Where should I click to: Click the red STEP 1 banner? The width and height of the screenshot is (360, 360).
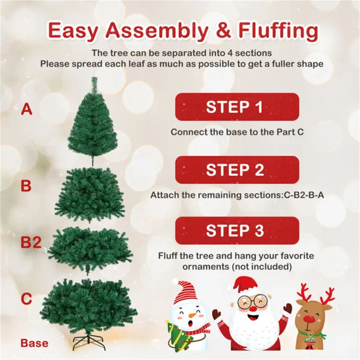(x=237, y=107)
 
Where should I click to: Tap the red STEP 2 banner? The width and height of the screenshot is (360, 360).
(x=237, y=170)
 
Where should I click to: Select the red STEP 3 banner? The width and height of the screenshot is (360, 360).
(x=237, y=230)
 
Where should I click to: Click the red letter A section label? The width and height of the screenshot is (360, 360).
(x=26, y=109)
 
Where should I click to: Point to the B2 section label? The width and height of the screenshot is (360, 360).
(x=31, y=242)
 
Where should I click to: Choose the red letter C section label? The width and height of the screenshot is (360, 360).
(x=26, y=299)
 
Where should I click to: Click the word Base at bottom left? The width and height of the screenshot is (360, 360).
(x=34, y=343)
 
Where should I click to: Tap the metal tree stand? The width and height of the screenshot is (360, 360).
(x=88, y=341)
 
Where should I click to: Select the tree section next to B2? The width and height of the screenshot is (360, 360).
(x=90, y=250)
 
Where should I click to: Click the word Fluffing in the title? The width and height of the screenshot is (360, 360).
(x=278, y=31)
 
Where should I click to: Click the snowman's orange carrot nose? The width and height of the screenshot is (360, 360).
(x=193, y=315)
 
